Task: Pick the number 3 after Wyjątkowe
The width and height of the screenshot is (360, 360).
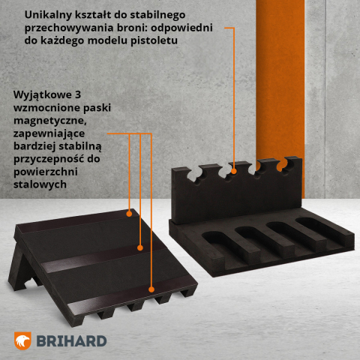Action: [78, 95]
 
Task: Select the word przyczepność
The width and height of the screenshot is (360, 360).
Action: [51, 159]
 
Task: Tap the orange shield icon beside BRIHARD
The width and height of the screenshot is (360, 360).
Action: [25, 340]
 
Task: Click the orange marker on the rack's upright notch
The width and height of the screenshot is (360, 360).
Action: [235, 170]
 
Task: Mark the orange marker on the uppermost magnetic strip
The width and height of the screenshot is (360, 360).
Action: [130, 213]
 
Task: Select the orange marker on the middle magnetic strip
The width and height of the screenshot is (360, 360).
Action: [140, 246]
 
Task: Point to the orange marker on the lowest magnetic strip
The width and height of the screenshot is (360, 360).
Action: [152, 289]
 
